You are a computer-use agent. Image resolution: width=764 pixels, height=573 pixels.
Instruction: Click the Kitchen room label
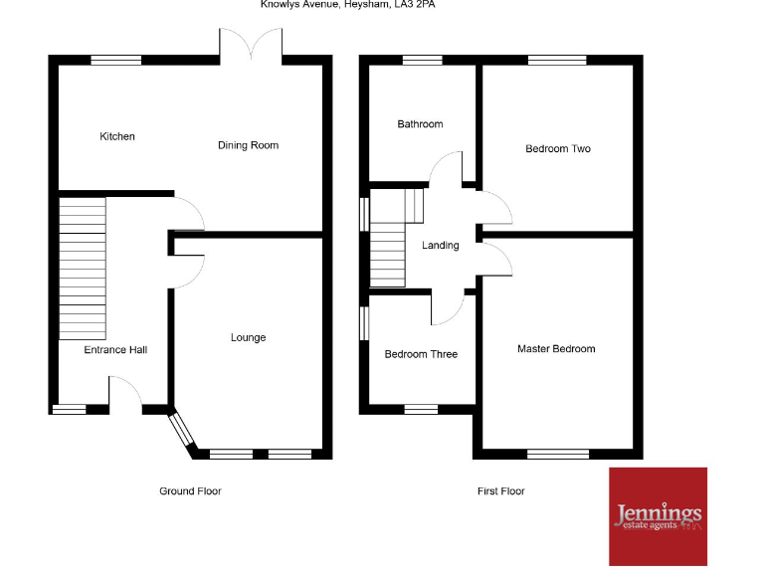coord(117,136)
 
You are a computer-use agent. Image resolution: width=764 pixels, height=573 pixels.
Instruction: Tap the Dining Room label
coord(248,145)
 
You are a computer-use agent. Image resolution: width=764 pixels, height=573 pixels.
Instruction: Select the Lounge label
coord(248,337)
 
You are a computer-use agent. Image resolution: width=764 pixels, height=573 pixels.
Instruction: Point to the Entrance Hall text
coord(115,349)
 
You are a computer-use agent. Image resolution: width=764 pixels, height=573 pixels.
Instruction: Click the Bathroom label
coord(420,124)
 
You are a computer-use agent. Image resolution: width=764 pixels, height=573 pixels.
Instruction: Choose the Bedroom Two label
coord(558,149)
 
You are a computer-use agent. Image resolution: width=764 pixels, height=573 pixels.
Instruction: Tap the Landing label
coord(441,245)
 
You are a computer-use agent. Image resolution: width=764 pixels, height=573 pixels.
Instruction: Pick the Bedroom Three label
coord(421,354)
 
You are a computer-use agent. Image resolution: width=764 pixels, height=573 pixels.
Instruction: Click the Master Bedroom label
coord(556,349)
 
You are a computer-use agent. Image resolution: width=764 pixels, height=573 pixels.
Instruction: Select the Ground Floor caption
coord(190,491)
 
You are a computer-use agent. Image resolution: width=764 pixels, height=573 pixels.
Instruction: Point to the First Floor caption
coord(500,491)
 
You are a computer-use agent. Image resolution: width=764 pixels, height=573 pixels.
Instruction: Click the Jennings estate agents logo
coord(658,516)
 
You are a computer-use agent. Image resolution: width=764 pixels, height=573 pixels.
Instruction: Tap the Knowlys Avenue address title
coord(347,5)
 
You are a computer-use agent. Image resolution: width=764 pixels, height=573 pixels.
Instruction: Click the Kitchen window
coord(116,61)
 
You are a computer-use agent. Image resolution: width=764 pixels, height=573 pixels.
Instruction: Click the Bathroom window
coord(422,61)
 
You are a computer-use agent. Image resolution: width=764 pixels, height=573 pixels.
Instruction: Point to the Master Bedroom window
coord(557,454)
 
